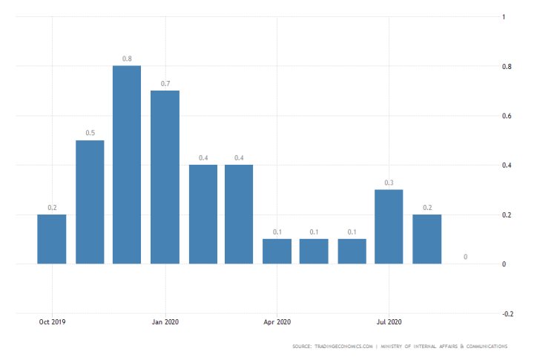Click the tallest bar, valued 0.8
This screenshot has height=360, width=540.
pyautogui.click(x=127, y=165)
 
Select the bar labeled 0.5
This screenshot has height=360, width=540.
pyautogui.click(x=89, y=202)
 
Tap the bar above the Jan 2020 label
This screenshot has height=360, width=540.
pyautogui.click(x=165, y=177)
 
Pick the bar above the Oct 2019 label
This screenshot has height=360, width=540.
pyautogui.click(x=52, y=239)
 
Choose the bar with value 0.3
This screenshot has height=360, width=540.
pyautogui.click(x=389, y=226)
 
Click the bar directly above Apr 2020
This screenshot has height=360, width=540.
pyautogui.click(x=277, y=251)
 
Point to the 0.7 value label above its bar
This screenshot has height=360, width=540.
pyautogui.click(x=165, y=83)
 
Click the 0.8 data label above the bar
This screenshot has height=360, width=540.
pyautogui.click(x=127, y=58)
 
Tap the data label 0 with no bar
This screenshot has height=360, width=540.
pyautogui.click(x=465, y=257)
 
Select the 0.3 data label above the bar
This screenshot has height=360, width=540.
pyautogui.click(x=389, y=182)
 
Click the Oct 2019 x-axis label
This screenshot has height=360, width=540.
pyautogui.click(x=52, y=322)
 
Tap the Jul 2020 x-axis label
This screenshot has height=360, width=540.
pyautogui.click(x=389, y=322)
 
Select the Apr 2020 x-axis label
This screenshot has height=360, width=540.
pyautogui.click(x=277, y=322)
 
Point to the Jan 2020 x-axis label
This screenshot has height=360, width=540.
pyautogui.click(x=165, y=322)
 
